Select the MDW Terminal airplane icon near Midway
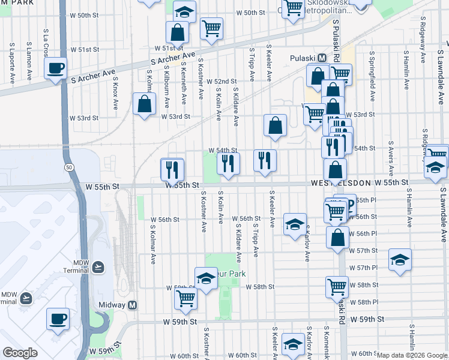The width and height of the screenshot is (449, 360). [x=99, y=266]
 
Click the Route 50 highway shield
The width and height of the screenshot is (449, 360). [x=70, y=167]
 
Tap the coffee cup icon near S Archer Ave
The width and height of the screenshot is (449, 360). [x=56, y=68]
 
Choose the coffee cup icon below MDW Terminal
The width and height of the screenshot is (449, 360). [x=58, y=319]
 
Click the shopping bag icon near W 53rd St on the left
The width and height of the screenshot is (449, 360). [x=145, y=104]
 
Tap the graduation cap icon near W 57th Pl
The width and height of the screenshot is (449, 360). [x=400, y=260]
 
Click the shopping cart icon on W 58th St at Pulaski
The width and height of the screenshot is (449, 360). [x=337, y=286]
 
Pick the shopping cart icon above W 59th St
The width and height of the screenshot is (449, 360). [x=186, y=298]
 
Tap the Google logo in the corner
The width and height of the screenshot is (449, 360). [x=20, y=353]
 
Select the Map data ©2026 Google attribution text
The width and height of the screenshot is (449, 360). [x=412, y=355]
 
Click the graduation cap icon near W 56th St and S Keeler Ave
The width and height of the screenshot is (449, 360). [x=294, y=224]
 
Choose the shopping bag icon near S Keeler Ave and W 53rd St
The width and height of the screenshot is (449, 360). [x=275, y=125]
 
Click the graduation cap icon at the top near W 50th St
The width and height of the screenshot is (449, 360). [x=185, y=11]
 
